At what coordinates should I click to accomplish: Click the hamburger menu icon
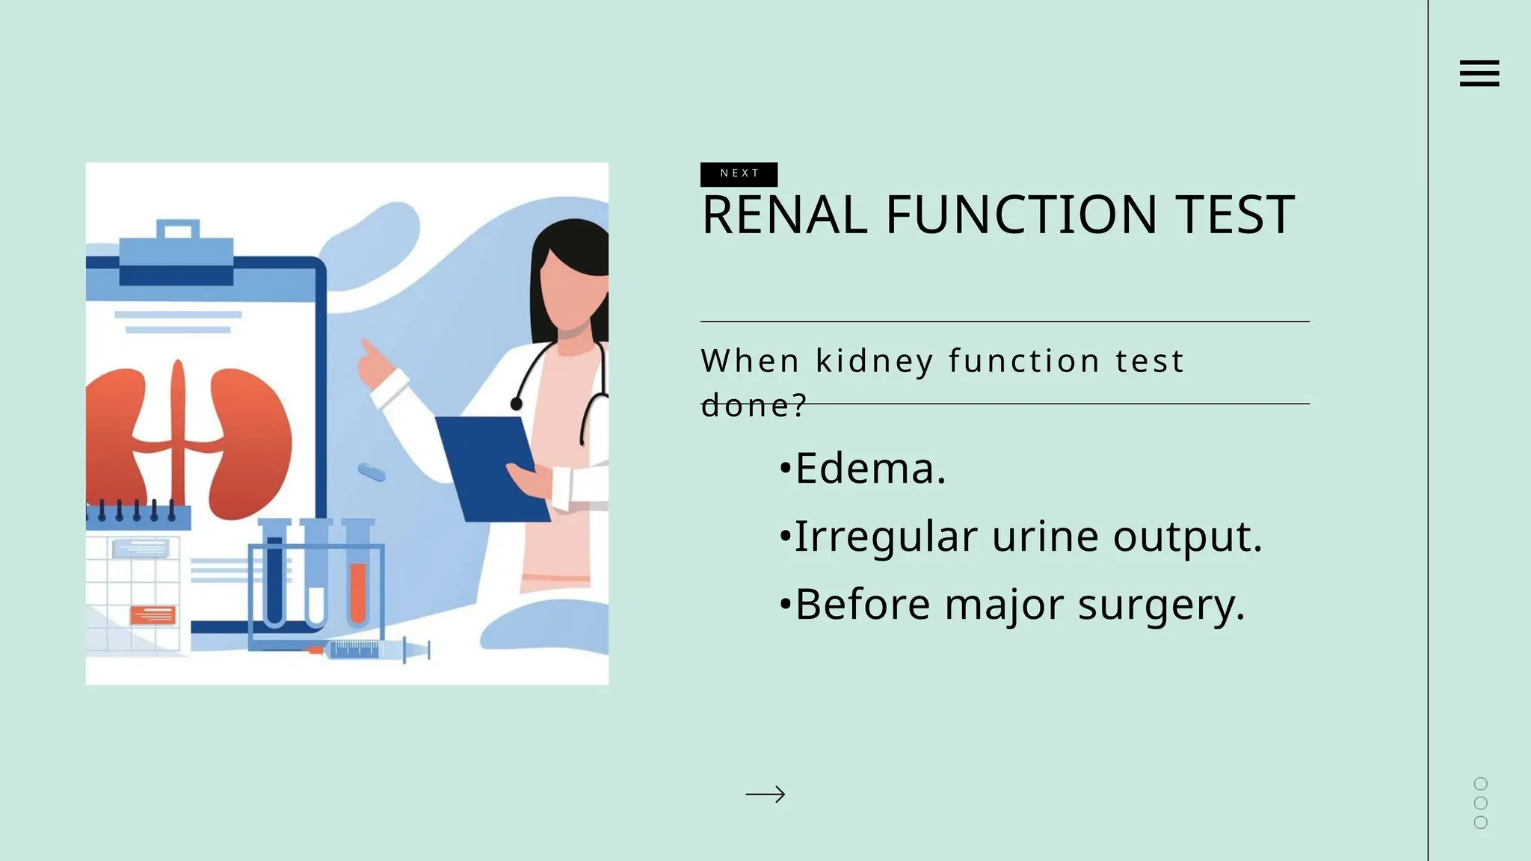coord(1479,73)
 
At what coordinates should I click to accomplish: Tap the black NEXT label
coord(739,173)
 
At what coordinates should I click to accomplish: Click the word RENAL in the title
coord(784,215)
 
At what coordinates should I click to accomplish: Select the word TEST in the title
coord(1234,215)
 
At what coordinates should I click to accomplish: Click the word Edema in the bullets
coord(870,469)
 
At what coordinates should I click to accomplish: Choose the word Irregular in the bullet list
coord(886,537)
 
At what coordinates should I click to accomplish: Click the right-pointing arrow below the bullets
coord(765,794)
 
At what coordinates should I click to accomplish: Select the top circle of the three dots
coord(1480,783)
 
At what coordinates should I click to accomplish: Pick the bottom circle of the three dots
coord(1480,822)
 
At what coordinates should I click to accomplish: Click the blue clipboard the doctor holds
coord(490,467)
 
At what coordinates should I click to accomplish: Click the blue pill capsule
coord(372,472)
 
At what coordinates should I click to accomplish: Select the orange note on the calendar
coord(153,615)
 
